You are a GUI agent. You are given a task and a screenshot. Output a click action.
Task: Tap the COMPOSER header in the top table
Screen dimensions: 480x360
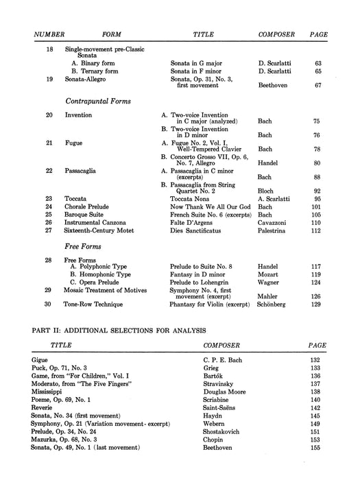[276, 33]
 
